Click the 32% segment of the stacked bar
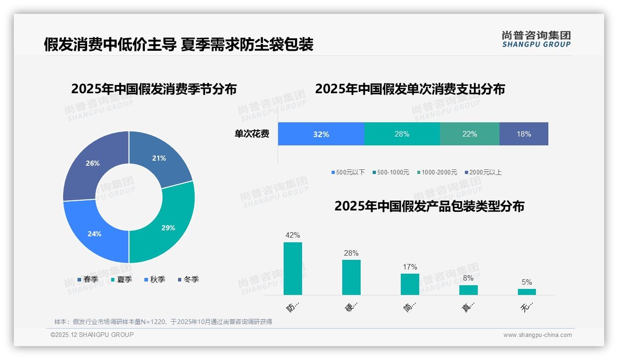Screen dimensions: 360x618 point(321,134)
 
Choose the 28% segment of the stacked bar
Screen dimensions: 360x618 point(402,134)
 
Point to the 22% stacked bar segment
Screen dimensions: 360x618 point(469,134)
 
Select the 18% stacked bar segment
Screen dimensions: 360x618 point(524,134)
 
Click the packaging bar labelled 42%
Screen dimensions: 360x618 point(293,269)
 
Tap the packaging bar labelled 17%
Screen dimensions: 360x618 point(410,284)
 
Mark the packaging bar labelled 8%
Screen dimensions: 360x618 point(468,290)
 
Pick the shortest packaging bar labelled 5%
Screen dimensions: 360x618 point(527,292)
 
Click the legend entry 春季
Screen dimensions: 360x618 point(88,279)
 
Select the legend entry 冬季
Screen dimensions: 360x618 point(188,279)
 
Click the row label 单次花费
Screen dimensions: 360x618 point(252,134)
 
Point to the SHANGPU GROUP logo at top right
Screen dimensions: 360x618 point(536,39)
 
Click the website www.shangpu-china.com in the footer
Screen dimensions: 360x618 point(537,335)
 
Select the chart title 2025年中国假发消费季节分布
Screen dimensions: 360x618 point(154,89)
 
